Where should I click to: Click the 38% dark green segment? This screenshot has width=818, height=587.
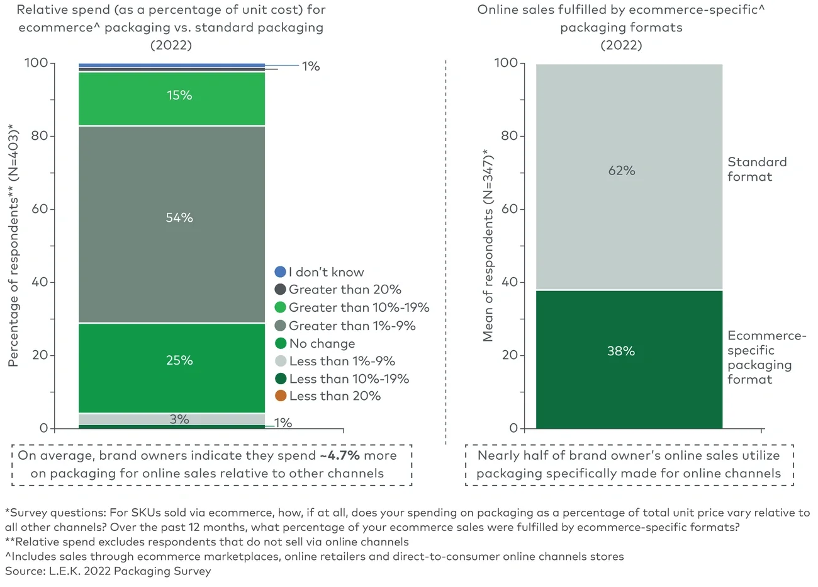(x=629, y=359)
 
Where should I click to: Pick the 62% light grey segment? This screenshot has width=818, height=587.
(x=629, y=176)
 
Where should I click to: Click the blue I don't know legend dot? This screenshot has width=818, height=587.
(x=281, y=272)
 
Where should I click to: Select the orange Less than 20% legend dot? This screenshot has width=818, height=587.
(x=281, y=396)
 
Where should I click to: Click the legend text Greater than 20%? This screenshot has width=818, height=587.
(x=345, y=290)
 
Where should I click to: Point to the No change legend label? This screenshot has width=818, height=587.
(x=322, y=343)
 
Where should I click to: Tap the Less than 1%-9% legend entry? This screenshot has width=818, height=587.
(x=342, y=361)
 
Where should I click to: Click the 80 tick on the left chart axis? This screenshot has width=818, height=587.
(x=40, y=136)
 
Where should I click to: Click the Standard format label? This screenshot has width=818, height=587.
(x=756, y=169)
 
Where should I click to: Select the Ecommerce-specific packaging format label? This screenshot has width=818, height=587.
(x=766, y=357)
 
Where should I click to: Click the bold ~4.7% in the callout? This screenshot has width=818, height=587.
(x=340, y=455)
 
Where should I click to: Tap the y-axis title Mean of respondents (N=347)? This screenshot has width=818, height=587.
(x=488, y=246)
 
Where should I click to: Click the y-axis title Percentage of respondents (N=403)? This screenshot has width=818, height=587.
(x=13, y=246)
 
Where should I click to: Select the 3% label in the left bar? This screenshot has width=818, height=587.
(x=179, y=419)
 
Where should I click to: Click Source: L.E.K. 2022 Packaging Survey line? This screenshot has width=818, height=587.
(x=108, y=571)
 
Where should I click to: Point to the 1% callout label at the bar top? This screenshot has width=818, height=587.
(x=310, y=66)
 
